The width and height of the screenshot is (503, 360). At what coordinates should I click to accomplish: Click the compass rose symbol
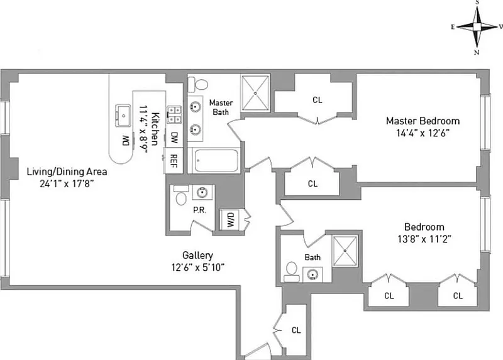477,26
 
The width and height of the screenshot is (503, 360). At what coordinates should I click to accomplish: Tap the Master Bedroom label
423,121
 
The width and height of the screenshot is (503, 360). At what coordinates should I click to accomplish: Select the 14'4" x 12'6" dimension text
423,133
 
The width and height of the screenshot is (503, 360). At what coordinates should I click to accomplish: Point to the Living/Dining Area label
67,172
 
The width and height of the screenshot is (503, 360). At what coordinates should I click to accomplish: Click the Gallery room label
197,256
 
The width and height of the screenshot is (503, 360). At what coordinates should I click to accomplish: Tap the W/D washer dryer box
230,220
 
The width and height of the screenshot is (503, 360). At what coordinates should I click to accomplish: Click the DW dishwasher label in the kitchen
174,136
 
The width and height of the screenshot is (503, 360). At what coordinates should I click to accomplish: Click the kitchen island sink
122,115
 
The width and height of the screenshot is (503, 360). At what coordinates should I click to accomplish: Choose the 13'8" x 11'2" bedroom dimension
424,239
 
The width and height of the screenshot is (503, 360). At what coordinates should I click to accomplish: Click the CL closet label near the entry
296,330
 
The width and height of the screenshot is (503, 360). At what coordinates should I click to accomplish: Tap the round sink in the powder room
202,192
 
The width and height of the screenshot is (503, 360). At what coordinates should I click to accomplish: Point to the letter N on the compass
477,52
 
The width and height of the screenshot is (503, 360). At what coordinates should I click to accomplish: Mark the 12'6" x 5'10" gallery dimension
197,267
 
